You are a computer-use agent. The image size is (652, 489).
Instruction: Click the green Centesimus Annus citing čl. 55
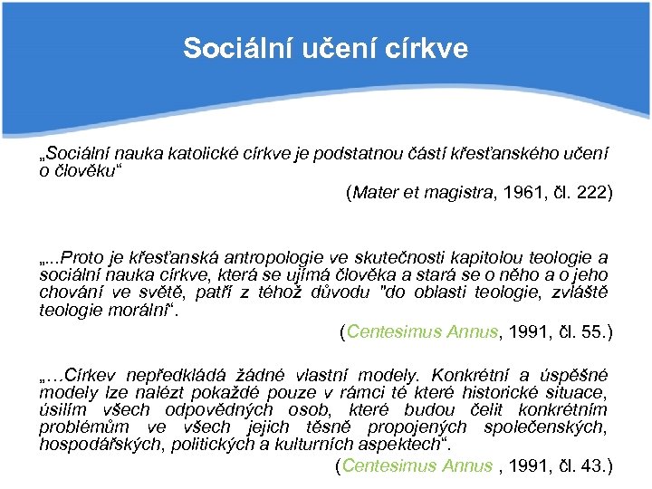pos(423,331)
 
